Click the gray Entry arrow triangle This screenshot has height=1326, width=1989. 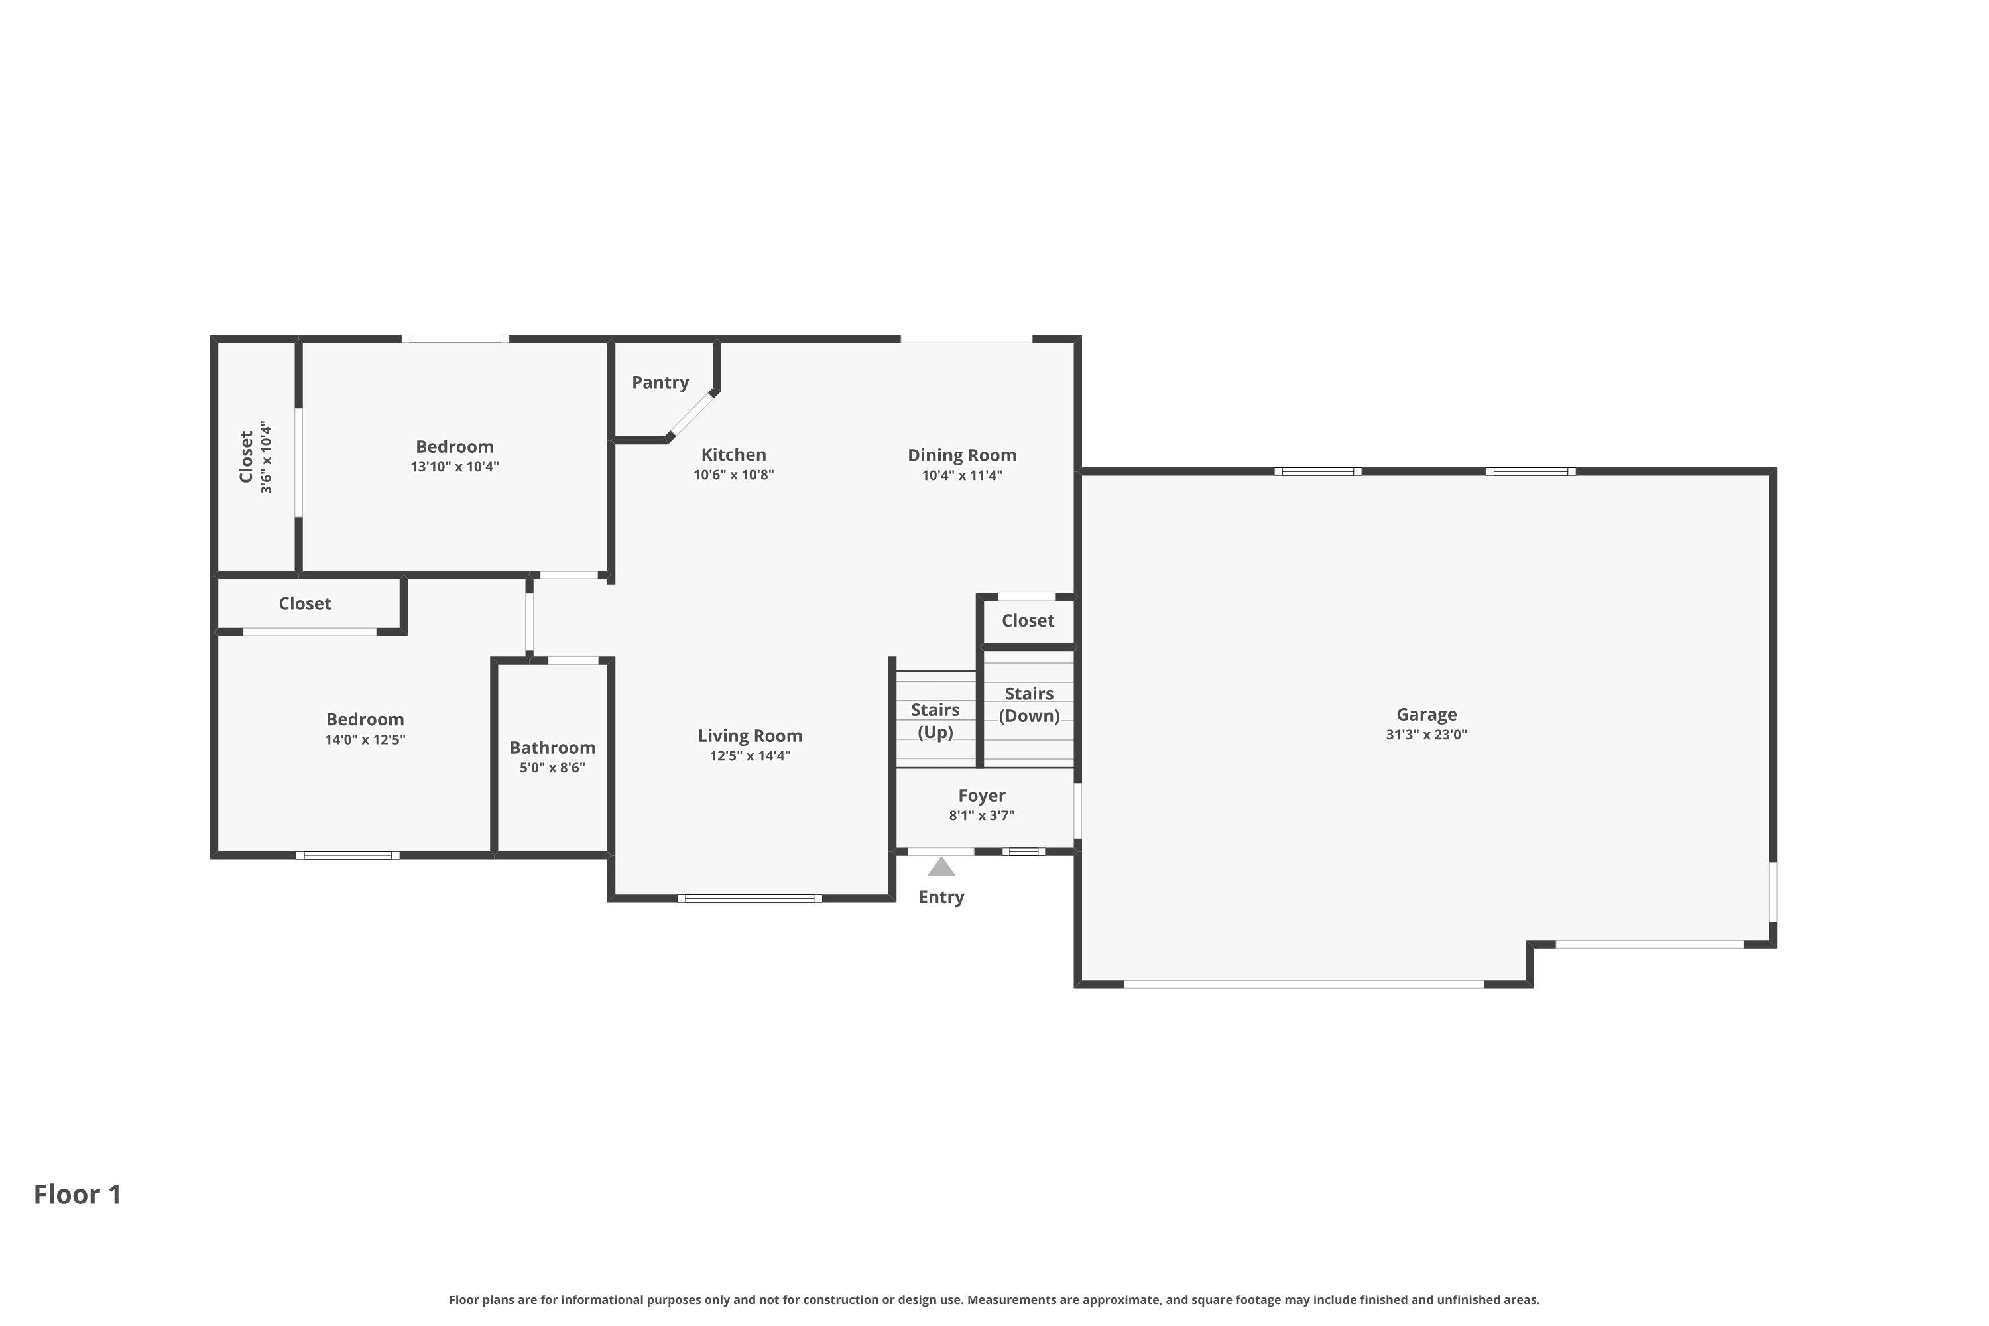click(941, 867)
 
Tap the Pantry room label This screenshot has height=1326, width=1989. click(660, 383)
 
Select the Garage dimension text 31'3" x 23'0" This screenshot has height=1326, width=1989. click(1426, 735)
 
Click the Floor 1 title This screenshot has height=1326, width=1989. click(78, 1194)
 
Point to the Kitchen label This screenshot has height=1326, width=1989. click(733, 455)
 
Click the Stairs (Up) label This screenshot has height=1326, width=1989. click(935, 721)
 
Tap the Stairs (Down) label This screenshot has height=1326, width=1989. click(1029, 704)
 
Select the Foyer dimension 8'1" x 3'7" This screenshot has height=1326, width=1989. click(981, 815)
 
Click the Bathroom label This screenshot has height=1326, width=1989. click(552, 748)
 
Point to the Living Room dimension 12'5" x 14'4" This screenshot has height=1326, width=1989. click(750, 756)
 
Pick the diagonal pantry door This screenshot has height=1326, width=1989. click(692, 415)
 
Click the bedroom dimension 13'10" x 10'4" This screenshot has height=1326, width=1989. click(455, 467)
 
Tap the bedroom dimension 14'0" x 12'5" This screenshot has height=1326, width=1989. click(365, 739)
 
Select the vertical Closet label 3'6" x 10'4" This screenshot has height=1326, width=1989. click(255, 457)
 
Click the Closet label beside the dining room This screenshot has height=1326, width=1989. click(1028, 621)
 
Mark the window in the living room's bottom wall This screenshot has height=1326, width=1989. click(749, 898)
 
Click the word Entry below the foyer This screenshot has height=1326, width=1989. click(941, 897)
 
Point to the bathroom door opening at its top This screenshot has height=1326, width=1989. click(573, 660)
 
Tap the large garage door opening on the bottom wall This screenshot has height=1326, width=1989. click(1303, 985)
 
